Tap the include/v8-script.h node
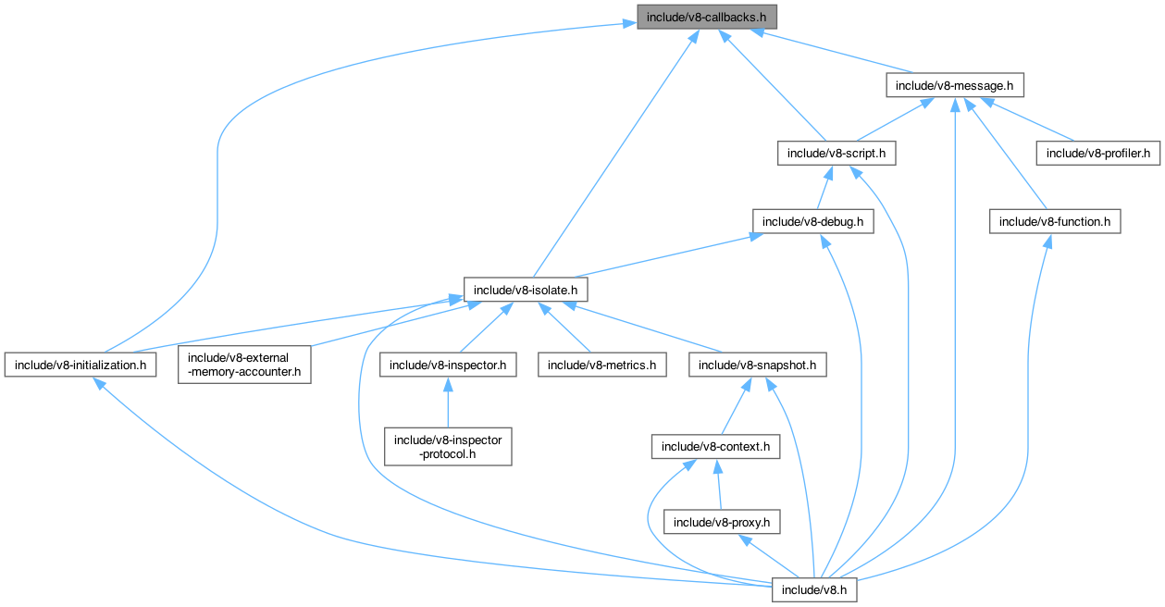tap(837, 154)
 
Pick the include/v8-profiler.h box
tap(1097, 154)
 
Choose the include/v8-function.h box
tap(1055, 222)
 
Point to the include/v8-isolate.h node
tap(526, 291)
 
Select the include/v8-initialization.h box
tap(80, 365)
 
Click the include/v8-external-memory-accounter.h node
tap(244, 365)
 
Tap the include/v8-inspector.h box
tap(448, 365)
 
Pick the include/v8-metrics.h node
tap(601, 365)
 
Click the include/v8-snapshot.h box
tap(757, 365)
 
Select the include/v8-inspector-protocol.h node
tap(448, 447)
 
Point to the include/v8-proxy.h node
tap(721, 522)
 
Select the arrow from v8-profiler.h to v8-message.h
tap(1027, 120)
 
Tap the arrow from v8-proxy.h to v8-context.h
tap(718, 486)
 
